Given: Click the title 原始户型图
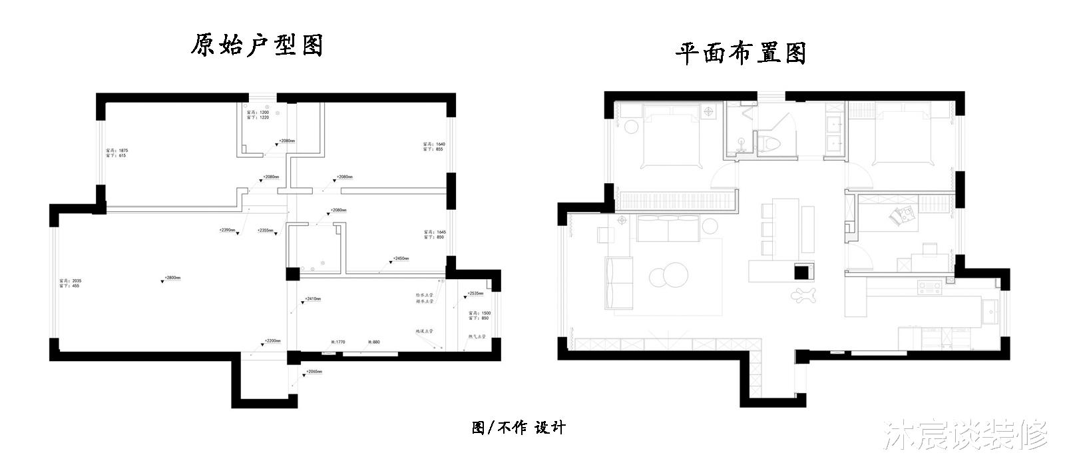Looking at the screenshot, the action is (x=257, y=45).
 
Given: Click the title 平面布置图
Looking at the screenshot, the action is (x=741, y=53).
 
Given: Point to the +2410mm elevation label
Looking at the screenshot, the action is (x=312, y=299).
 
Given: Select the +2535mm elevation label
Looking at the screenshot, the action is (x=475, y=293).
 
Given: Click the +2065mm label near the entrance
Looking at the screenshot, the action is (x=314, y=372).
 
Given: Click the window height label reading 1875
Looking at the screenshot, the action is (x=116, y=151).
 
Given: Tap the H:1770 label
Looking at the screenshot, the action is (x=338, y=342).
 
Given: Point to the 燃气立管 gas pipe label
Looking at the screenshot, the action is (x=477, y=337).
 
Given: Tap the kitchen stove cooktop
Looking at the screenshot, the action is (x=929, y=288).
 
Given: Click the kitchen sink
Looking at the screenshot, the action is (x=990, y=310).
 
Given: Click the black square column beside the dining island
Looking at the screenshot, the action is (x=803, y=271).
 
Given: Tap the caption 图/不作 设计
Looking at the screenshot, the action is (x=519, y=428).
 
